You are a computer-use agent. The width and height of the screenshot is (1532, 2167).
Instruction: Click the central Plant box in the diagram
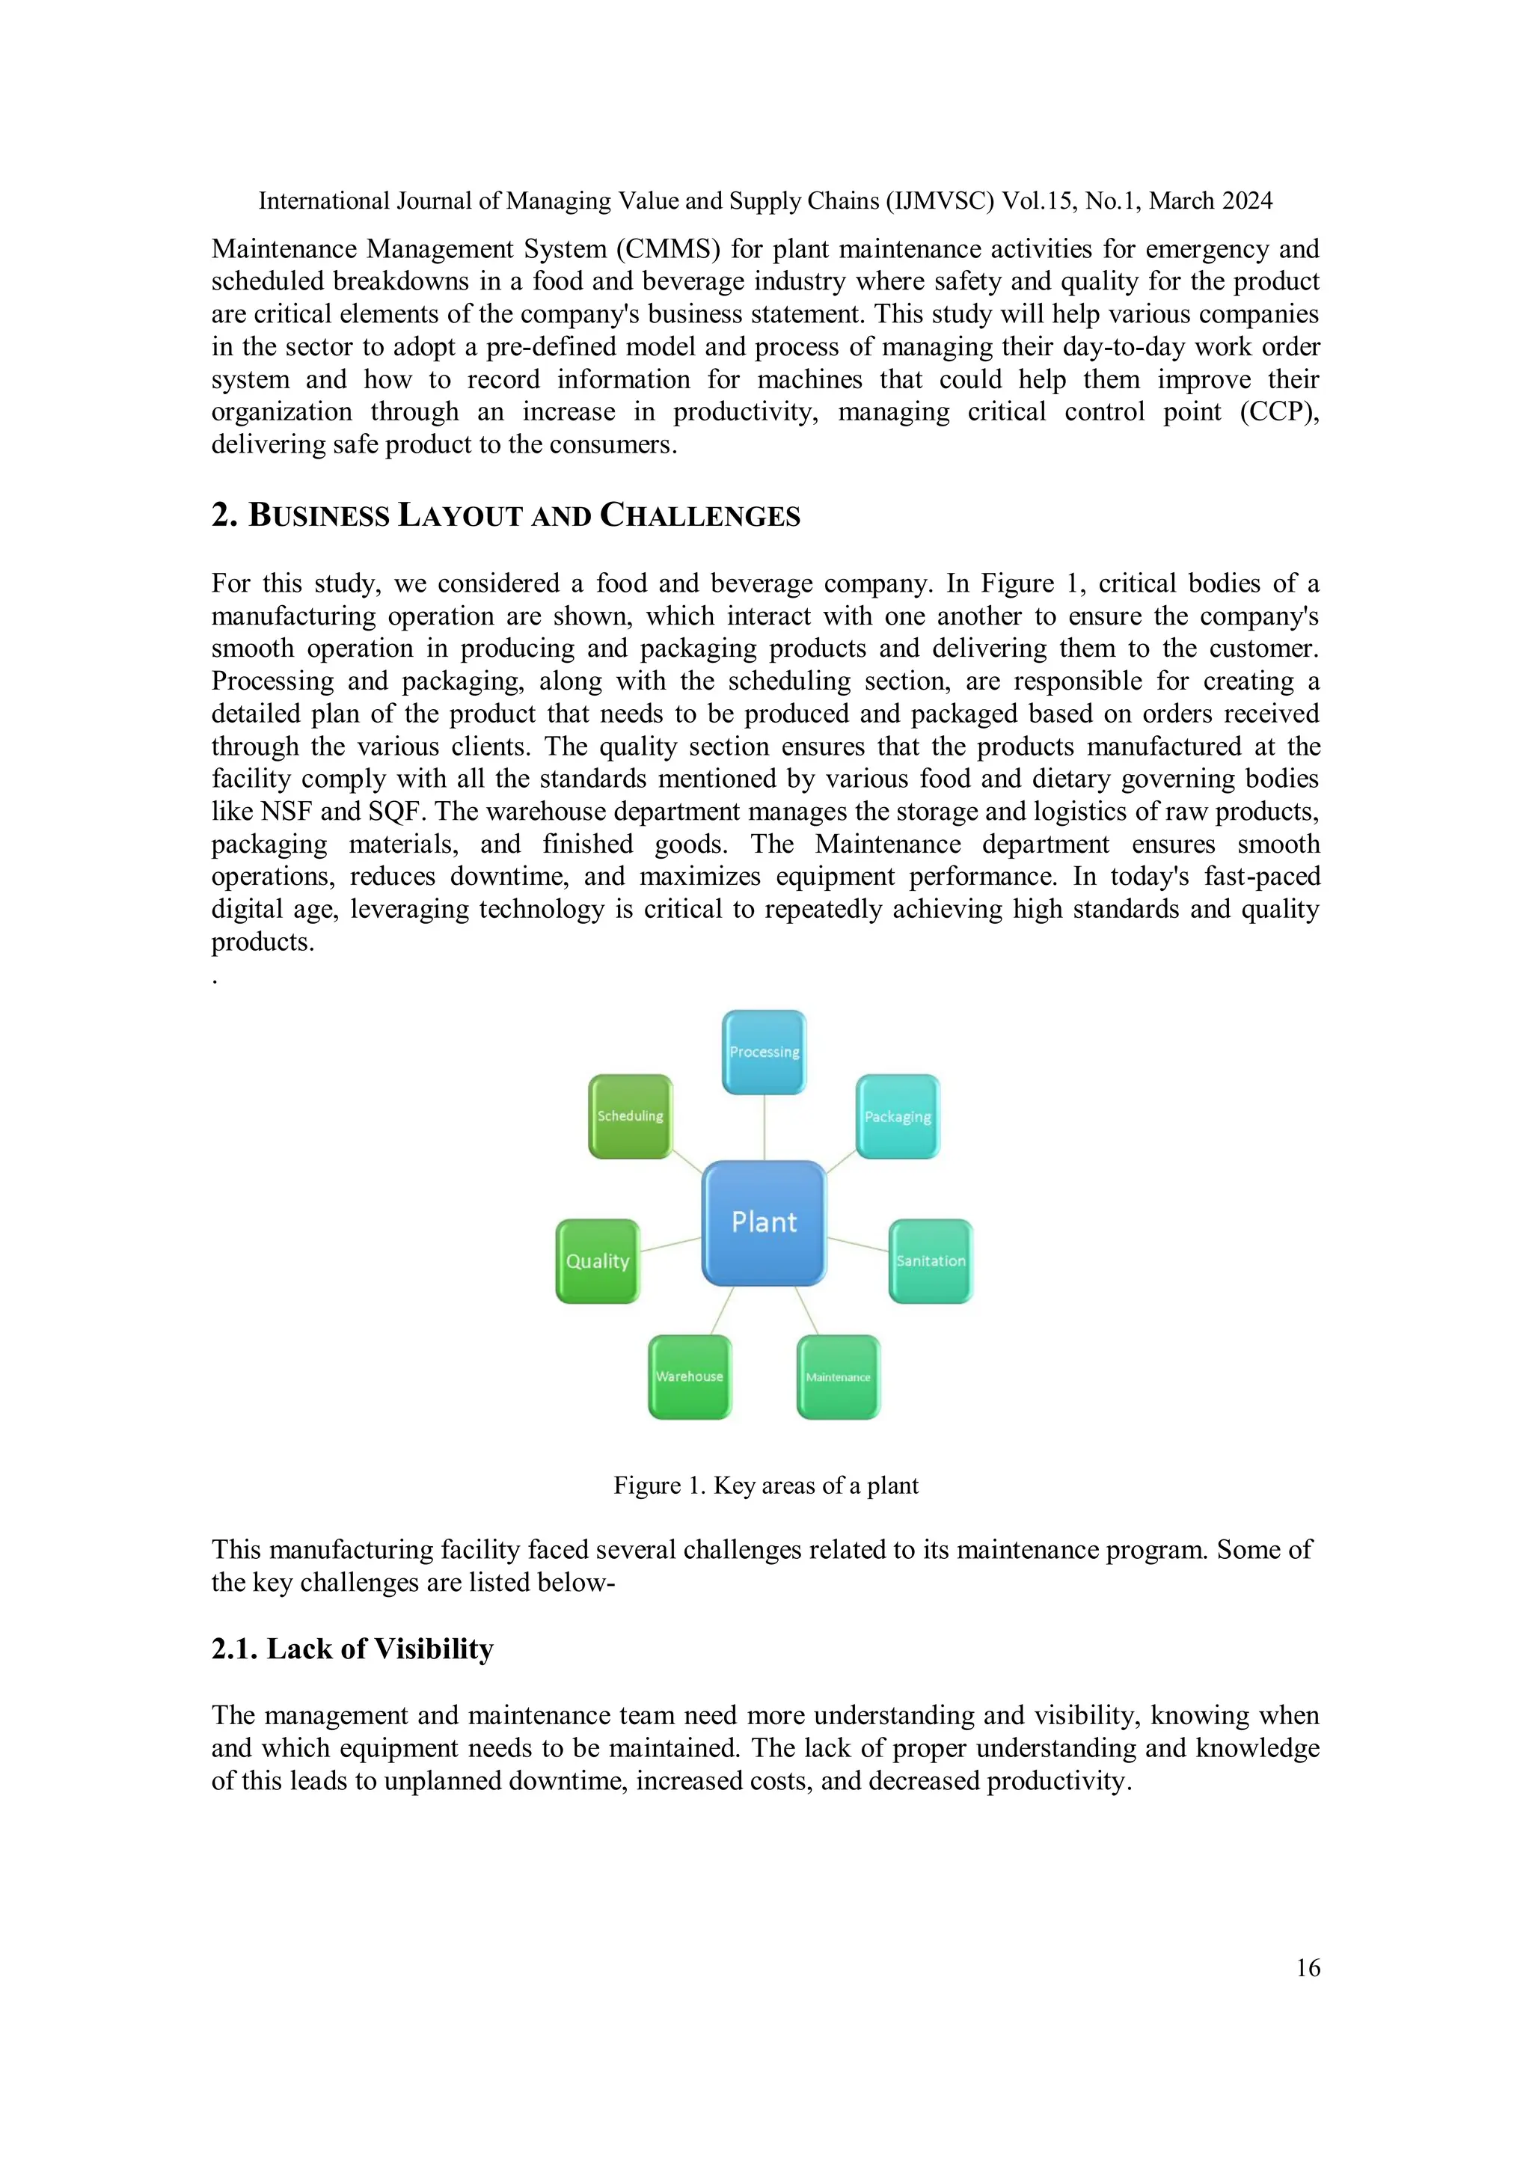(x=764, y=1222)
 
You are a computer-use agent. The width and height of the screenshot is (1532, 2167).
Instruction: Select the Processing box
(x=764, y=1052)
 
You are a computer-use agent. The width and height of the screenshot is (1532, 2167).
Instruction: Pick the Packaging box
(x=898, y=1117)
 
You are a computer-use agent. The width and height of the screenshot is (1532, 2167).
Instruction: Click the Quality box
(x=598, y=1261)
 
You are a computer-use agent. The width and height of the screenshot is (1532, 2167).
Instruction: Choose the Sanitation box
(x=931, y=1261)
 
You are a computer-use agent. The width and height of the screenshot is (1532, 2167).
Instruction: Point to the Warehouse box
(x=690, y=1376)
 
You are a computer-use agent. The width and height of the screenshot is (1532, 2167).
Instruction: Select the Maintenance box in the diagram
(x=839, y=1377)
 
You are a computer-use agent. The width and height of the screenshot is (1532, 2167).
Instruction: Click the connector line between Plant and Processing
(x=764, y=1127)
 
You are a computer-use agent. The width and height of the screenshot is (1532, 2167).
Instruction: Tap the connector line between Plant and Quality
(x=670, y=1245)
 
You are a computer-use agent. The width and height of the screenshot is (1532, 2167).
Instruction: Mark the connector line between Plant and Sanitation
(x=858, y=1245)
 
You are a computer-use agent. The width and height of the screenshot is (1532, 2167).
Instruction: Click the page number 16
(x=1308, y=1968)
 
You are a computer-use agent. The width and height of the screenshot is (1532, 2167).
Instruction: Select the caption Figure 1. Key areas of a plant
(x=765, y=1486)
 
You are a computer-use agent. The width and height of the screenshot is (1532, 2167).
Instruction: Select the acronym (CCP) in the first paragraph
(x=1279, y=412)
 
